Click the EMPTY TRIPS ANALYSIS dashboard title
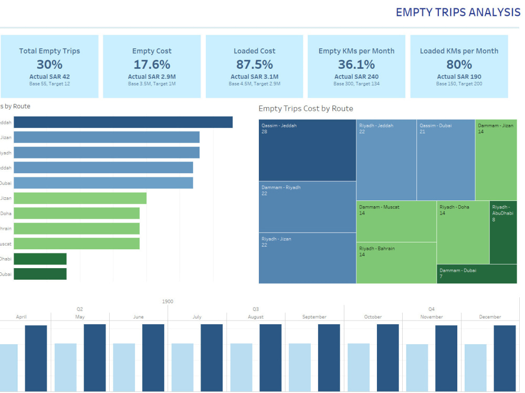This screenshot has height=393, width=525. point(457,12)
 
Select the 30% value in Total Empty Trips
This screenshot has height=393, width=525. point(49,65)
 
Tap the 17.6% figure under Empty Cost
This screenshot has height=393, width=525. point(152,65)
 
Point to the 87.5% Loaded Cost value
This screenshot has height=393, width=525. point(254,65)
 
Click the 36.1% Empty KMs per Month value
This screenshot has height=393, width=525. point(356,65)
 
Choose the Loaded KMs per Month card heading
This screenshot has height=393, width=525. point(459,51)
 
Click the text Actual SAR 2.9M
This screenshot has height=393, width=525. point(152,77)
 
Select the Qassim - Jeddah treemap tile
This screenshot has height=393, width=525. point(307,150)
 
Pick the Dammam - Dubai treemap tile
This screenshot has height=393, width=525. point(477,274)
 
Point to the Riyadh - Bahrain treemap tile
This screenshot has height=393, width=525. point(396,263)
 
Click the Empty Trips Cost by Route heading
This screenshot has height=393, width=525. point(306,109)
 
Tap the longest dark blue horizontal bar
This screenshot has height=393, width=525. point(123,122)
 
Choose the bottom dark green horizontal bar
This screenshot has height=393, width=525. point(40,274)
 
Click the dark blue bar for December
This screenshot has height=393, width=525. point(505,358)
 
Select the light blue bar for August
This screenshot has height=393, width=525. point(241,367)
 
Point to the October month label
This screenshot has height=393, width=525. point(373,317)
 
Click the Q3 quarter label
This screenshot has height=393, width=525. point(256,309)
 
